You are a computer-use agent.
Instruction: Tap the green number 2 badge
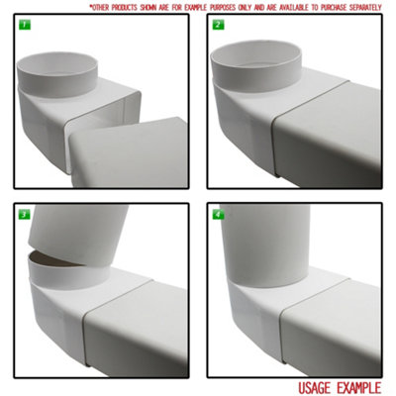tap(217, 24)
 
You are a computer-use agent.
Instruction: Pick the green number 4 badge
tap(217, 214)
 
